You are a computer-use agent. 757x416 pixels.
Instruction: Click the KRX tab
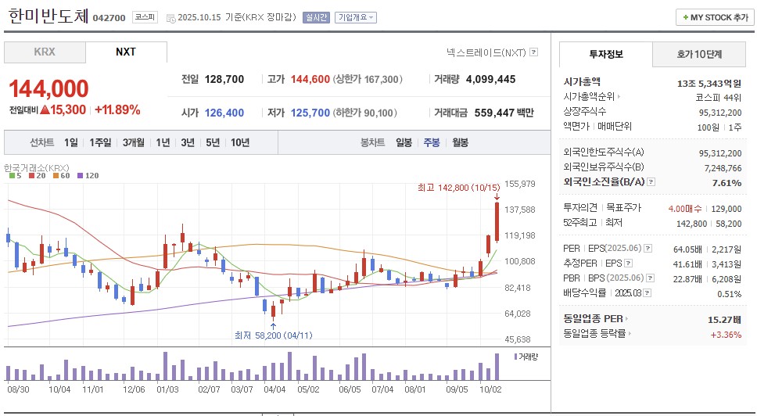[45, 52]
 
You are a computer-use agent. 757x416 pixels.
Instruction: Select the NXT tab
[126, 52]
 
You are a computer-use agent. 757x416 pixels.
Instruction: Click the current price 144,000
[48, 89]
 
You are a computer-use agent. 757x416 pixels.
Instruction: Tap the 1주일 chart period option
[100, 142]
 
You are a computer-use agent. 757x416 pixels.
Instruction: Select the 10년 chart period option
[240, 142]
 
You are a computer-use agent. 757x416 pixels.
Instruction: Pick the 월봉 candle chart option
[460, 142]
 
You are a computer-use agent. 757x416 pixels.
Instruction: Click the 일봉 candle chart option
[404, 142]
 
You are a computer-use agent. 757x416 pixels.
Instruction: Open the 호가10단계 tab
[699, 54]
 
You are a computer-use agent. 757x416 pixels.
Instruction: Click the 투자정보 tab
[605, 54]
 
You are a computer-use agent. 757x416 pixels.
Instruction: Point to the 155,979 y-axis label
[520, 184]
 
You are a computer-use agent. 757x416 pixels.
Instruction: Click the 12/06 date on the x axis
[134, 388]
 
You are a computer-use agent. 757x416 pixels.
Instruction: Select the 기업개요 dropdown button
[355, 17]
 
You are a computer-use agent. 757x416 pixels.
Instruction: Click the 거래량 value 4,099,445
[490, 79]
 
